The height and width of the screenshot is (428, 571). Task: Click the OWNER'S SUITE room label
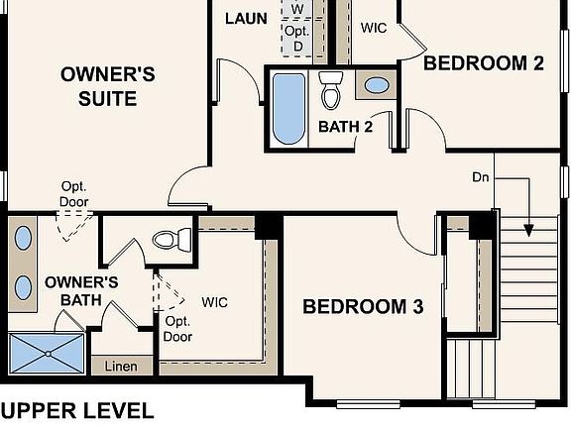[107, 85]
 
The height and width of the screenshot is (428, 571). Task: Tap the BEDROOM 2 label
[484, 63]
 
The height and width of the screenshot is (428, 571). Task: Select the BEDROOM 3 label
[363, 307]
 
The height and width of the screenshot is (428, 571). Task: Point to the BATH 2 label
[346, 127]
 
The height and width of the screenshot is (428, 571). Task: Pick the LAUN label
[247, 19]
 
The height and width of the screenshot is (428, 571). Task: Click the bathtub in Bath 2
[289, 108]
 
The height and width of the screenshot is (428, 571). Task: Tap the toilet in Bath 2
[332, 90]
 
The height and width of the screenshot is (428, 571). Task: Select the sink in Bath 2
[377, 85]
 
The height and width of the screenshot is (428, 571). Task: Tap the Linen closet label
[121, 367]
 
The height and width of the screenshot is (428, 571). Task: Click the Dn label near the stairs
[481, 177]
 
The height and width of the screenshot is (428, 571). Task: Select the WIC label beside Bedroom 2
[374, 28]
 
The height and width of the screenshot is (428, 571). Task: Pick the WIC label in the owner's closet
[215, 302]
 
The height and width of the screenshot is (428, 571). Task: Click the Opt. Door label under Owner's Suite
[74, 195]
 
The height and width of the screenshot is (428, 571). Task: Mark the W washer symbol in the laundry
[297, 9]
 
